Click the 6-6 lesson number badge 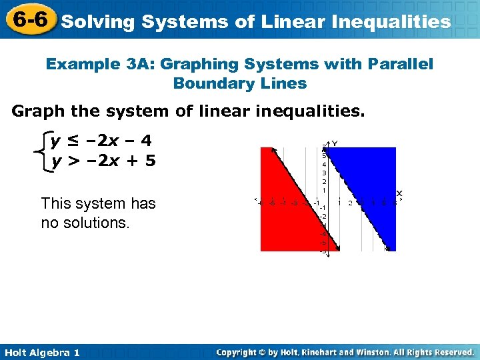[x=28, y=20]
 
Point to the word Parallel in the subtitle [x=399, y=64]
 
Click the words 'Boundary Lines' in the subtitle [x=239, y=84]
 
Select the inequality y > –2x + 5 [x=104, y=161]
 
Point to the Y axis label [x=335, y=143]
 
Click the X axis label [x=399, y=193]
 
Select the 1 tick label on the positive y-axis [x=325, y=190]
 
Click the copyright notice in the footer [x=345, y=352]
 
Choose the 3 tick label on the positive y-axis [x=325, y=173]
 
